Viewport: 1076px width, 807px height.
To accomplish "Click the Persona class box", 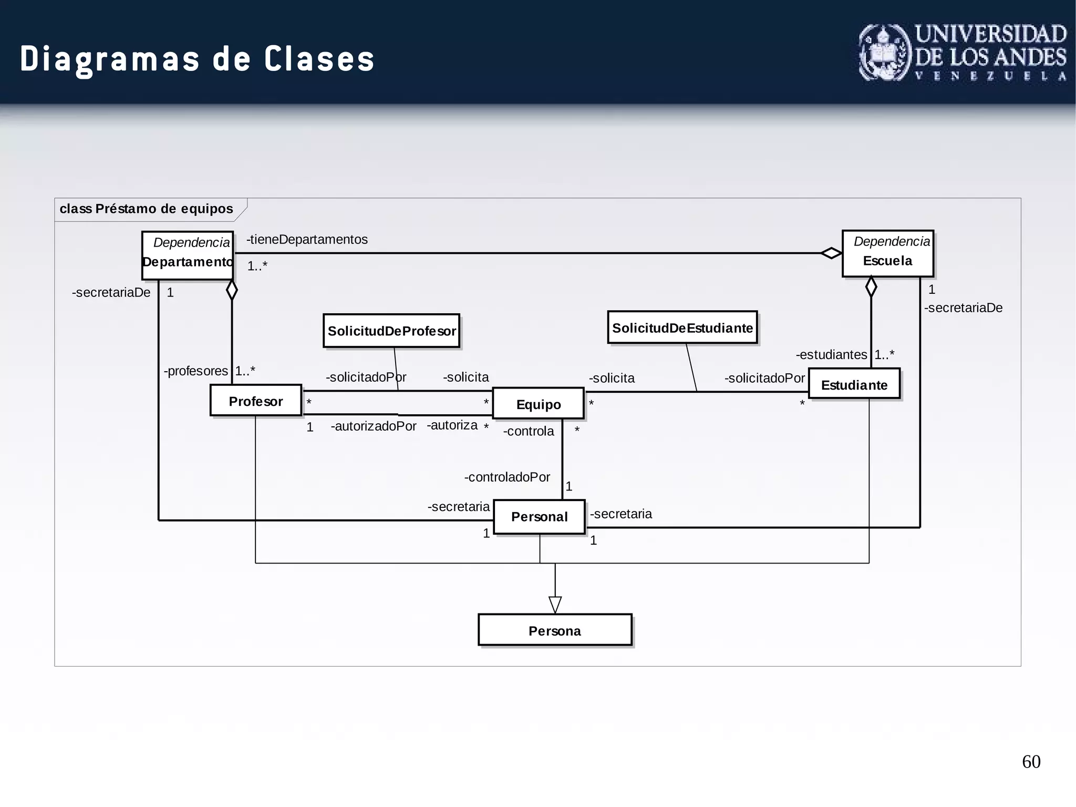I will pyautogui.click(x=555, y=630).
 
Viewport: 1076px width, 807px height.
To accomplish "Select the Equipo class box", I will pyautogui.click(x=538, y=404).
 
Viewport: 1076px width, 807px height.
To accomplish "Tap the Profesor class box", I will pyautogui.click(x=256, y=401).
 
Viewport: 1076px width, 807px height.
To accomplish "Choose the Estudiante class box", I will pyautogui.click(x=854, y=384).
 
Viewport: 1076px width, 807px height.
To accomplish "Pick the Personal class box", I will pyautogui.click(x=539, y=517).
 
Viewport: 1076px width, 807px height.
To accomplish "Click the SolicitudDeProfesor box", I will pyautogui.click(x=391, y=331).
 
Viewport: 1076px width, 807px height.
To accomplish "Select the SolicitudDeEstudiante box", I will pyautogui.click(x=682, y=328).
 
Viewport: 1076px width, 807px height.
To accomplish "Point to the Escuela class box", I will pyautogui.click(x=888, y=253).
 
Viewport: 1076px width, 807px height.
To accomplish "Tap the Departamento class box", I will pyautogui.click(x=188, y=255).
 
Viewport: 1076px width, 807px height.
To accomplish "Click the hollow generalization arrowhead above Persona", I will pyautogui.click(x=555, y=605).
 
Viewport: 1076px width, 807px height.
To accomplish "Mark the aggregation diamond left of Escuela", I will pyautogui.click(x=831, y=253).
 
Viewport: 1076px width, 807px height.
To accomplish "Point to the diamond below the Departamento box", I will pyautogui.click(x=232, y=290).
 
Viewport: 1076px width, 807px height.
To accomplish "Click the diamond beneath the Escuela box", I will pyautogui.click(x=871, y=287).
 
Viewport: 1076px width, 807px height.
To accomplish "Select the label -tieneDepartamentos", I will pyautogui.click(x=307, y=240).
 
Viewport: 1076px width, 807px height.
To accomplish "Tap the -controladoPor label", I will pyautogui.click(x=507, y=477).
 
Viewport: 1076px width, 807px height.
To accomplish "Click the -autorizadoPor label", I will pyautogui.click(x=373, y=426).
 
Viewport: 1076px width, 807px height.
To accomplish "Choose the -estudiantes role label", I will pyautogui.click(x=831, y=355).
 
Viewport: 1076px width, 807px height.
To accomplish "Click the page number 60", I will pyautogui.click(x=1031, y=762).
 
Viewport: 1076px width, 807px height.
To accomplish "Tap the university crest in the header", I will pyautogui.click(x=884, y=53).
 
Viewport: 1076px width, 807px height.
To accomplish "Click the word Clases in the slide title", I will pyautogui.click(x=319, y=59).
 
